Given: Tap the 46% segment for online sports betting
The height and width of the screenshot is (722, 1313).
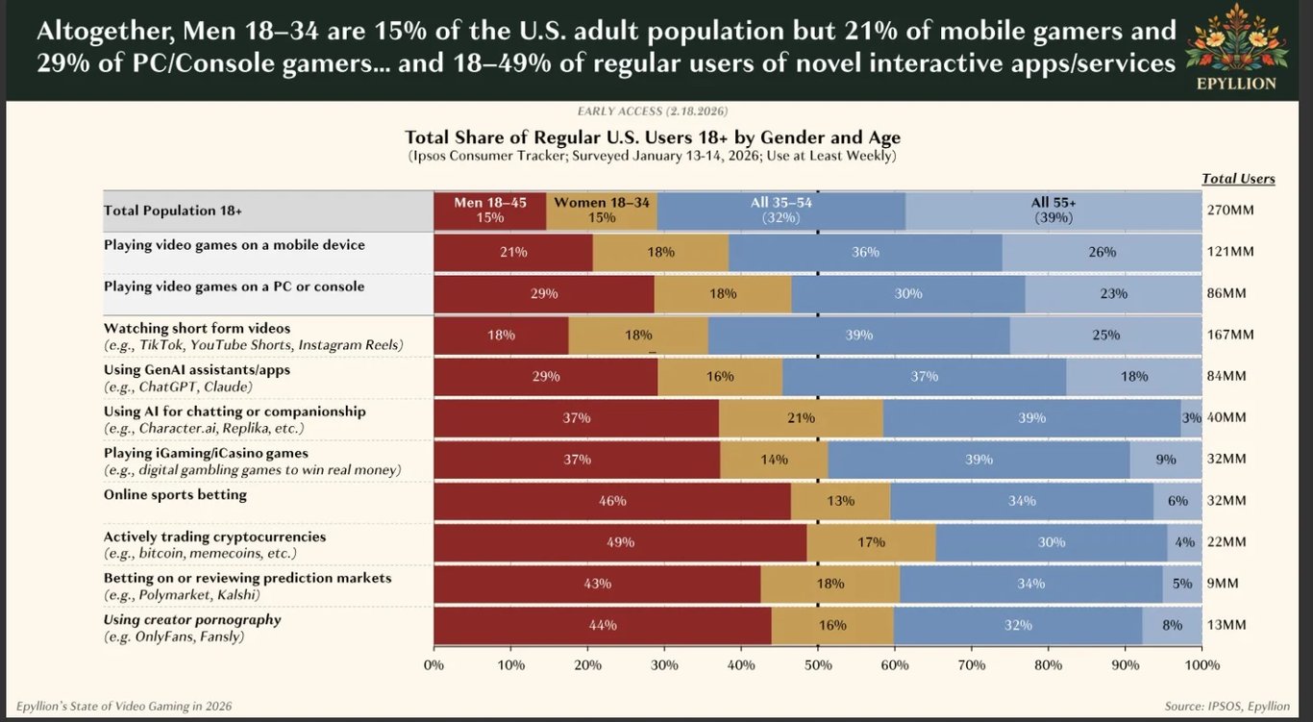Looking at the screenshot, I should pos(612,501).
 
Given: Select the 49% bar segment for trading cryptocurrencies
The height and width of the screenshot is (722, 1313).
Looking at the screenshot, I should pos(620,542).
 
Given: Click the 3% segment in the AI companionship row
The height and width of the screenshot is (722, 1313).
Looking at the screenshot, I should pos(1192,418).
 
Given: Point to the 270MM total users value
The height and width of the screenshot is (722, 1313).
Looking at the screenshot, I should pos(1230,211).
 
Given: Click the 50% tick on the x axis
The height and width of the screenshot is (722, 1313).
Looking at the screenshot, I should pos(818,664).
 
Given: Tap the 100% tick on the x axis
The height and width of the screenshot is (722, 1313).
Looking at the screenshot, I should pos(1202,664).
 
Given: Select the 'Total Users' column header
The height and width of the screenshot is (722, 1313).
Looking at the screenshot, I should pos(1238,179).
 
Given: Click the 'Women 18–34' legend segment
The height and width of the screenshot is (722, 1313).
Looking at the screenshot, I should pos(602,211).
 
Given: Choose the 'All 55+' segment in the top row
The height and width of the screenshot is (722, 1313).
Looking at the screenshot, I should pos(1053,211).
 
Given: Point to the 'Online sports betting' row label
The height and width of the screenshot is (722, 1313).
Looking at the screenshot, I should pos(175,495).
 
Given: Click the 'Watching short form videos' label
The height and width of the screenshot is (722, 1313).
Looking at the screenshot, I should pos(196,329).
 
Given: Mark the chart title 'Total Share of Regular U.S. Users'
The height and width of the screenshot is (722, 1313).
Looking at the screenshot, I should pos(653,137).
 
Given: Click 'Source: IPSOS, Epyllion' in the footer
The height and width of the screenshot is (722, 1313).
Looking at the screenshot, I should pos(1226,707).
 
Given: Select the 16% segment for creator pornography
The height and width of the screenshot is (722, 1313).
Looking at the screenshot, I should pos(832,625).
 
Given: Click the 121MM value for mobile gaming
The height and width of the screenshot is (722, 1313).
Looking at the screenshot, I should pos(1230,252).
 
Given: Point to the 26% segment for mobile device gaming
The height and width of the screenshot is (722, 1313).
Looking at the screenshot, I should pos(1102,252).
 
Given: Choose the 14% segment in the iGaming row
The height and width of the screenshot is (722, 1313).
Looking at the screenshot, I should pos(774,460).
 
